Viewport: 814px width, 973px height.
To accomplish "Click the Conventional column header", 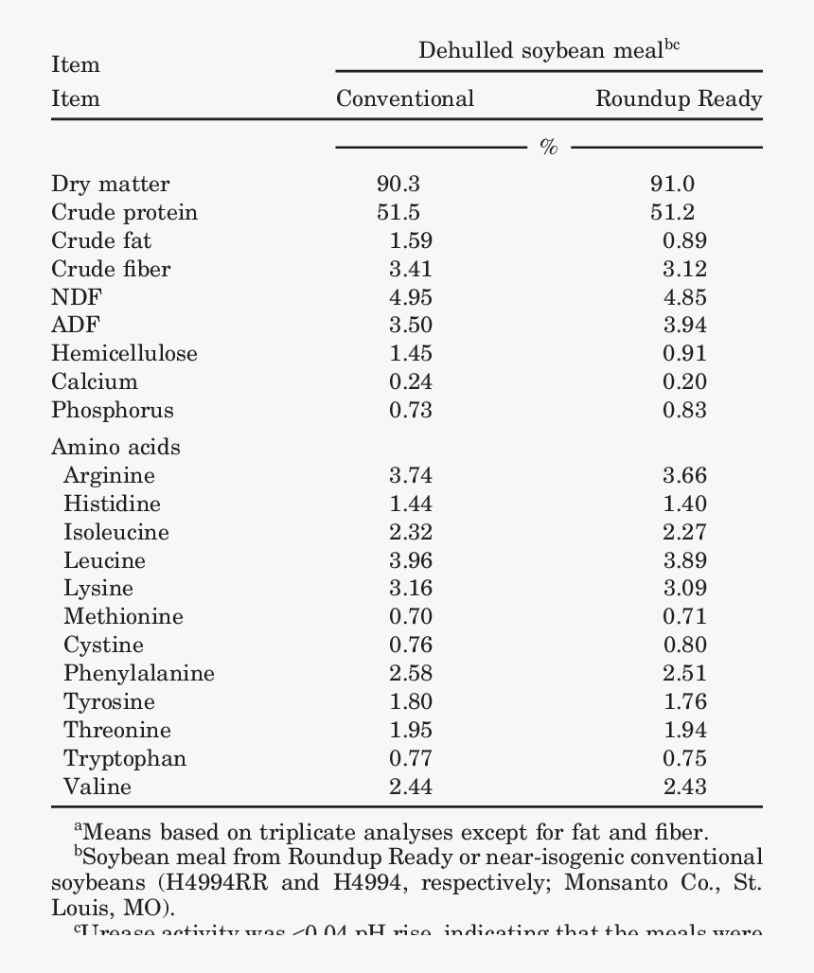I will [405, 98].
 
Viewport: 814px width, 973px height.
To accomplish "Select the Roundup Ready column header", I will [678, 98].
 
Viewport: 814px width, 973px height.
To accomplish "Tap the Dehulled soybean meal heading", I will [549, 50].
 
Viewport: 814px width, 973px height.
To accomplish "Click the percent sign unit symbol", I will [549, 147].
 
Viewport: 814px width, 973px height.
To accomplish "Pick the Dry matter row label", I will [111, 184].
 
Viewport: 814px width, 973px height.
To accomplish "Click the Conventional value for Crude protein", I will [398, 212].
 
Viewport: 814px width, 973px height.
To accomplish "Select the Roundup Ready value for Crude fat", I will [684, 240].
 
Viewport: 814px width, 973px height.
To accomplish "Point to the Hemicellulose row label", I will [125, 354].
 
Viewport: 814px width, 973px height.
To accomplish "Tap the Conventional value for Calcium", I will [411, 382].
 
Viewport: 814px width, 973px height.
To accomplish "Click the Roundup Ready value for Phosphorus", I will [684, 411].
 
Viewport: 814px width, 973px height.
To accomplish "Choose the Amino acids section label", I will [115, 447].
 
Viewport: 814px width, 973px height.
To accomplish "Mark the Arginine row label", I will [109, 475].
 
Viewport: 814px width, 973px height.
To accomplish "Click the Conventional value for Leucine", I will [411, 560].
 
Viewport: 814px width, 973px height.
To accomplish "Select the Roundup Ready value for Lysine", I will [684, 589].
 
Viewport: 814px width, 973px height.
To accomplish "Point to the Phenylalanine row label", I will [139, 674].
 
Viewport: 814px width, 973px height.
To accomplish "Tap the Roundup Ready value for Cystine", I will [684, 646].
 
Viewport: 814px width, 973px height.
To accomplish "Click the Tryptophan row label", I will [125, 759].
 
